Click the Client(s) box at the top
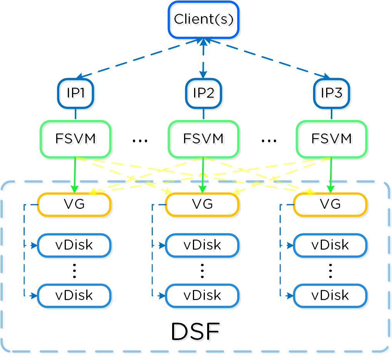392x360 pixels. [x=204, y=20]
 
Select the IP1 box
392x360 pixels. [x=75, y=93]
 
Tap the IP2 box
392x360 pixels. [x=203, y=93]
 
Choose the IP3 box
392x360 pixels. [x=331, y=93]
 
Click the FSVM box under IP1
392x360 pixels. [x=75, y=139]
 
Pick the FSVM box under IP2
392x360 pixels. [x=203, y=139]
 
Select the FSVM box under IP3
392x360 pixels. [x=331, y=139]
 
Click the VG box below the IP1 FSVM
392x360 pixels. [x=74, y=204]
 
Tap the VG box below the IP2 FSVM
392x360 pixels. [x=202, y=204]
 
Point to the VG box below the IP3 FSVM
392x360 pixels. [x=330, y=204]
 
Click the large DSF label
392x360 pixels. [x=195, y=332]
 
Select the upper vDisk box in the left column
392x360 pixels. [x=74, y=245]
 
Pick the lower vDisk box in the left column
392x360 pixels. [x=74, y=295]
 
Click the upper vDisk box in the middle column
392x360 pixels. [x=202, y=245]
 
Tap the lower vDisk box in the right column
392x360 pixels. [x=330, y=295]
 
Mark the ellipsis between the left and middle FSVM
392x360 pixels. [x=140, y=141]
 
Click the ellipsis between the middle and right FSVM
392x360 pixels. [x=268, y=141]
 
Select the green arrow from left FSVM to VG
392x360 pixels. [x=75, y=175]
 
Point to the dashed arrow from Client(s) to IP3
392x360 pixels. [x=270, y=58]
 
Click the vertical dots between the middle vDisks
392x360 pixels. [x=202, y=271]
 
